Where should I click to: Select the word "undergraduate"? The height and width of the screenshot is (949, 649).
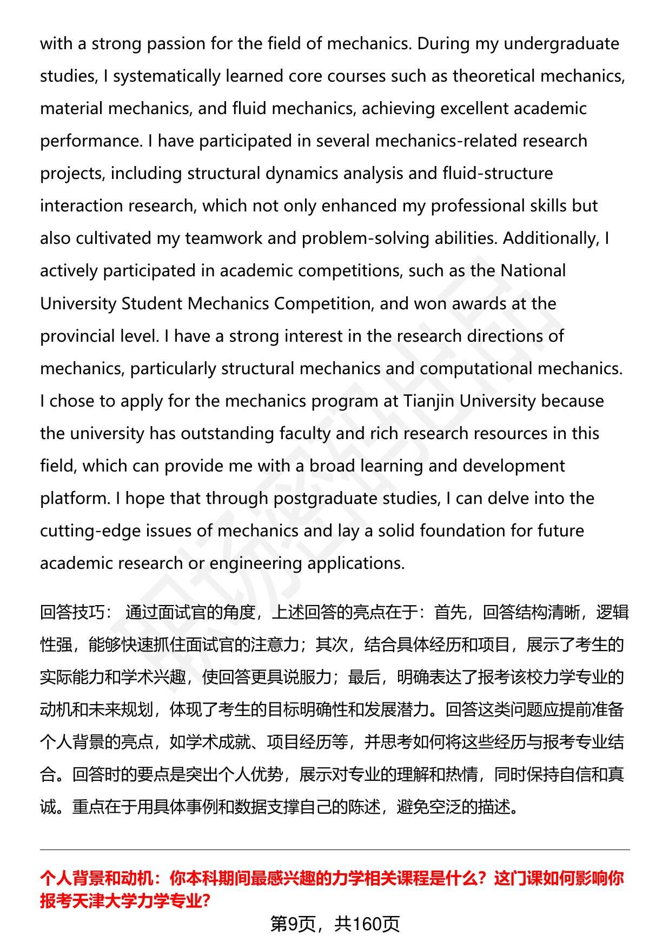(x=561, y=44)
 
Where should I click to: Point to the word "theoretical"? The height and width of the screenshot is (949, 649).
(x=494, y=76)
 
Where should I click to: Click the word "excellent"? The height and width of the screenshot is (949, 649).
(x=474, y=109)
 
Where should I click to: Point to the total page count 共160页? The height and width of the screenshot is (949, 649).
(x=367, y=924)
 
